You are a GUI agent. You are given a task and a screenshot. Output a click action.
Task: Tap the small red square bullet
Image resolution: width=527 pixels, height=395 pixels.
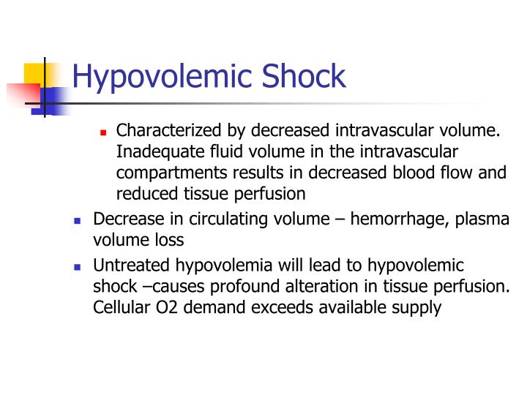point(104,133)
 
